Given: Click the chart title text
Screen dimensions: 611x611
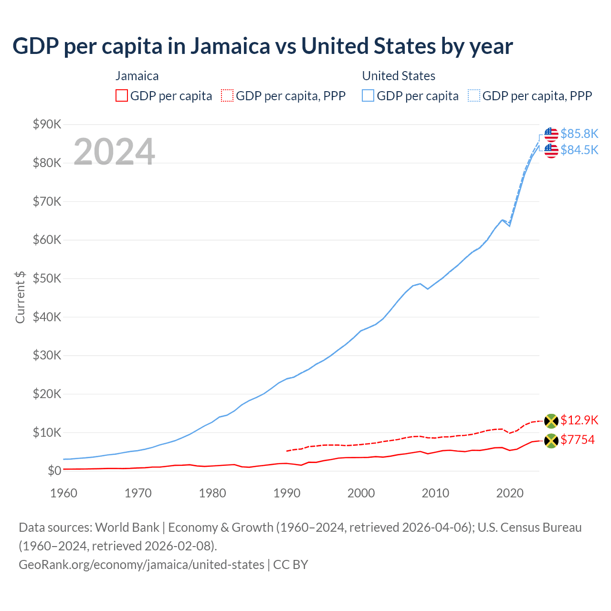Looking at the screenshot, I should click(263, 46).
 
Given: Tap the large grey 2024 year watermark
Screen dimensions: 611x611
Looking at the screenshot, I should click(114, 152).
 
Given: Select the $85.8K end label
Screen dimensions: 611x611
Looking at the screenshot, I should click(579, 134).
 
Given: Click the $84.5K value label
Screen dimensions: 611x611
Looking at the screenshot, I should click(579, 150).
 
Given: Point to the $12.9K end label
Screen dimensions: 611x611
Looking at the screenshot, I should click(579, 420).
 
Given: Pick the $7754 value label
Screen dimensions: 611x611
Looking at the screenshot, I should click(578, 440).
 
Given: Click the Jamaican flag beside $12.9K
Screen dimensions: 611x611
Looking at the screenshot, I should click(551, 421).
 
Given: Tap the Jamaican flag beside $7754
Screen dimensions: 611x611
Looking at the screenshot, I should click(551, 441).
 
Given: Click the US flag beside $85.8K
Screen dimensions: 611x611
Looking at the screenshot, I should click(551, 135).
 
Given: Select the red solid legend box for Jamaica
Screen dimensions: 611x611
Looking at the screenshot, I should click(122, 96).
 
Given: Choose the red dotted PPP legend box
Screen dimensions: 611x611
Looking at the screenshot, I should click(227, 96).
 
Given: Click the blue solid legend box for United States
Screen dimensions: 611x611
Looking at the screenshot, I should click(368, 96).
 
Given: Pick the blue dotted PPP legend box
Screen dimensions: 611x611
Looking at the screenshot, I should click(474, 96).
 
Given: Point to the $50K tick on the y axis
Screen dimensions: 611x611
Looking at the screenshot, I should click(47, 279).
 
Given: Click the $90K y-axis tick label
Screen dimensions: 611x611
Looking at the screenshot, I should click(47, 125).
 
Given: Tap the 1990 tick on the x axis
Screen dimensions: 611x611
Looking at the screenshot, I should click(287, 493).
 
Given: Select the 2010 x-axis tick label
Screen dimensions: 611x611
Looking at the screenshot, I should click(435, 493).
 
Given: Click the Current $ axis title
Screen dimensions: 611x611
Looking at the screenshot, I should click(20, 297).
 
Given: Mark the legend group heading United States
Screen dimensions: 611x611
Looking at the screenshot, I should click(399, 76).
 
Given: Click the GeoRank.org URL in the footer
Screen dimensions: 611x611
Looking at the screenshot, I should click(141, 565).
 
